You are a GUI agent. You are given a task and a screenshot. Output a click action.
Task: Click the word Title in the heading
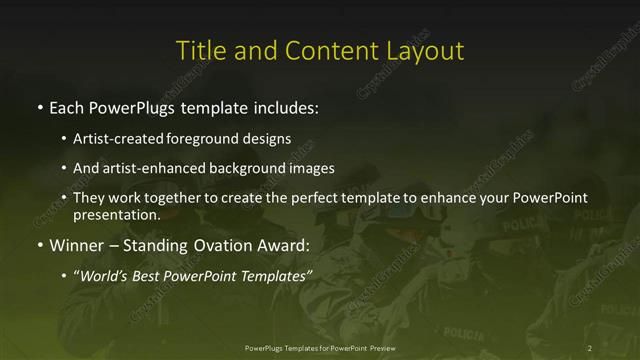tap(199, 50)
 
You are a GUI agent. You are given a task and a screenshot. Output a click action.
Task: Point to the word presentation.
tap(115, 214)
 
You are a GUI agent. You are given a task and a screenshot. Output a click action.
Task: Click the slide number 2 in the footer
tap(590, 347)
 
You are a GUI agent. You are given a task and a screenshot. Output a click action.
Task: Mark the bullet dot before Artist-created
tap(64, 138)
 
